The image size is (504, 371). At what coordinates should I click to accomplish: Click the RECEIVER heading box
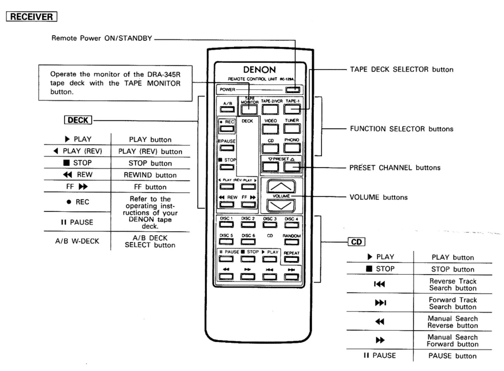click(x=31, y=17)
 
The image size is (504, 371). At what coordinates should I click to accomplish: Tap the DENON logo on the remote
click(x=259, y=70)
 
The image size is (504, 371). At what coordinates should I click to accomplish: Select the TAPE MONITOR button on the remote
click(x=249, y=109)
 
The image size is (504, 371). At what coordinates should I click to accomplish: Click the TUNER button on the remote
click(x=292, y=129)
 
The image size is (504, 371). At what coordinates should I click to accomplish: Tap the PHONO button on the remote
click(x=292, y=148)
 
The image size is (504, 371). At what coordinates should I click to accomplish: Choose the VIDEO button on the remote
click(x=270, y=129)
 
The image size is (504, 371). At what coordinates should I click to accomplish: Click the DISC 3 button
click(x=270, y=225)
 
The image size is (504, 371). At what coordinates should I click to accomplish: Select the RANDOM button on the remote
click(x=291, y=242)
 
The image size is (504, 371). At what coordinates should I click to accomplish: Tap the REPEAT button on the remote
click(x=291, y=259)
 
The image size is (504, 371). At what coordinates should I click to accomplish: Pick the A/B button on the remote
click(x=227, y=109)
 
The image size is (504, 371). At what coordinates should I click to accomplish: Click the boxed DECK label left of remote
click(x=78, y=120)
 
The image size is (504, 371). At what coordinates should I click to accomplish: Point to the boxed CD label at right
click(x=356, y=242)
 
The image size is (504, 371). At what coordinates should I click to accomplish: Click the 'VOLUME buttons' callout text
click(x=378, y=197)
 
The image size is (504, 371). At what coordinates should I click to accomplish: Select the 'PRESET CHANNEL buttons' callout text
click(x=394, y=168)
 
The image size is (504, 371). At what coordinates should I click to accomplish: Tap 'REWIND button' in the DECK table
click(x=150, y=175)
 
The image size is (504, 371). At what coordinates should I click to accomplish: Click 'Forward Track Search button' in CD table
click(x=453, y=303)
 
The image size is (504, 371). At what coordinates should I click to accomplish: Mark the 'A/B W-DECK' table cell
click(x=77, y=241)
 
